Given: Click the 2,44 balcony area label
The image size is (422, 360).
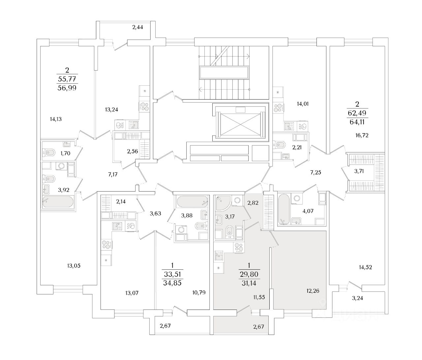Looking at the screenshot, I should click(137, 27).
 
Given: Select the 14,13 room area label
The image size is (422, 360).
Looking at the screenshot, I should click(56, 119).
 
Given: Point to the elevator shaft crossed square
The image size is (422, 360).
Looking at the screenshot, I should click(240, 122).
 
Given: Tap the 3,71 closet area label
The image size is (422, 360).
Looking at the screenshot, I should click(359, 171).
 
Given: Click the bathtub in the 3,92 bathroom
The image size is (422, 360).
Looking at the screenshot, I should click(58, 202).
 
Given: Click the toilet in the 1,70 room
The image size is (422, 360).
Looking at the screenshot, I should click(49, 152).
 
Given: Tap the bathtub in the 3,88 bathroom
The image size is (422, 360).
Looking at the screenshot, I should click(192, 201).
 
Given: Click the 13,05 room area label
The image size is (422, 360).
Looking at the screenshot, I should click(74, 265).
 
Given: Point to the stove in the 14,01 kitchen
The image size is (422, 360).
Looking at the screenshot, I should click(279, 108).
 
